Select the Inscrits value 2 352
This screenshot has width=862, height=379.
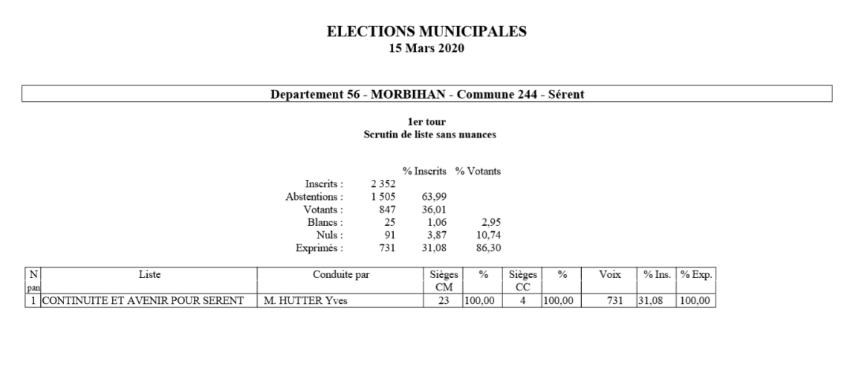(x=383, y=184)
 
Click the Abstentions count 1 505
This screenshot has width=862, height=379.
(x=383, y=196)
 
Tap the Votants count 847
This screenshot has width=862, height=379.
(x=386, y=209)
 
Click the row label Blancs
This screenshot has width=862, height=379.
(x=328, y=221)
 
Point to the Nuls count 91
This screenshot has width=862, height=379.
(x=389, y=234)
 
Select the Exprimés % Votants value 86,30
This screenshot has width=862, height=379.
(x=487, y=247)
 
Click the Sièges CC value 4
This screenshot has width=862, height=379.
(x=522, y=300)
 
